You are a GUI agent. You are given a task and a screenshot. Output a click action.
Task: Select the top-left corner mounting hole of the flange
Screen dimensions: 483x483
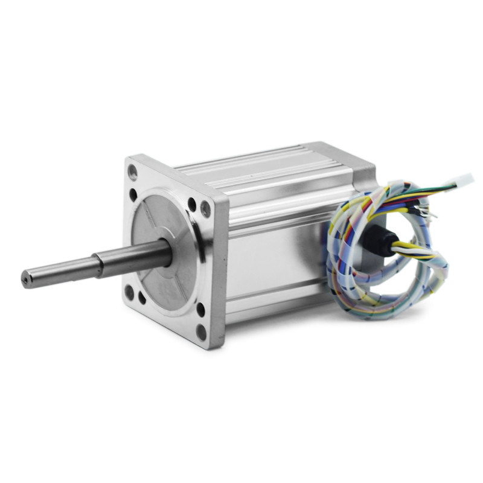coord(133,173)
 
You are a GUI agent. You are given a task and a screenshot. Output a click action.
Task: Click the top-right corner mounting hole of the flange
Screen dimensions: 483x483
coord(206,209)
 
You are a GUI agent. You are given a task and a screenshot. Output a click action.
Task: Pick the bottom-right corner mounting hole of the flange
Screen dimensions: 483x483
coord(201,331)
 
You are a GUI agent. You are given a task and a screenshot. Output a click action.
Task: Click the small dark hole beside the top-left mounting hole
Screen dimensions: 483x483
coord(133,194)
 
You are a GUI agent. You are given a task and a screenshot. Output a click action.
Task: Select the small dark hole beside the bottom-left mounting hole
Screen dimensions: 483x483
coord(142,298)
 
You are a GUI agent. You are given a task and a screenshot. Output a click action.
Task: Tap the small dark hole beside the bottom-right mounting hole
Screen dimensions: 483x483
coord(200,310)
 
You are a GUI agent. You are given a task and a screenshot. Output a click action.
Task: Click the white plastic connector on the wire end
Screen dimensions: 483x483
coord(464,179)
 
